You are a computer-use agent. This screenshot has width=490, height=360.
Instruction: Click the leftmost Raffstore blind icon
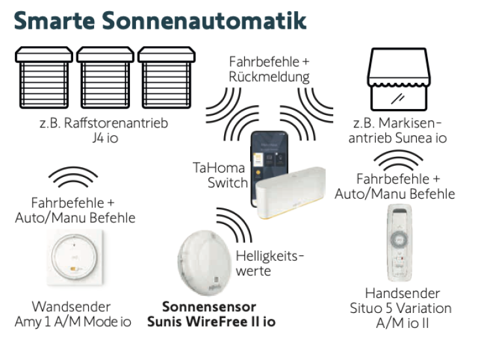click(x=44, y=78)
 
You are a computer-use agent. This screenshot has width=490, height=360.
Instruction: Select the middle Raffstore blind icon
click(x=105, y=78)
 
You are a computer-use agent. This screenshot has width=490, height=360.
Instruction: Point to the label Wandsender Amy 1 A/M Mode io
click(x=73, y=314)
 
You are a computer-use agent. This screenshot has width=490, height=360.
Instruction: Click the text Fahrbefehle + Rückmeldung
click(x=269, y=69)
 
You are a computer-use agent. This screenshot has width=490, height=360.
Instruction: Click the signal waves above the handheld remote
click(x=400, y=161)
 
